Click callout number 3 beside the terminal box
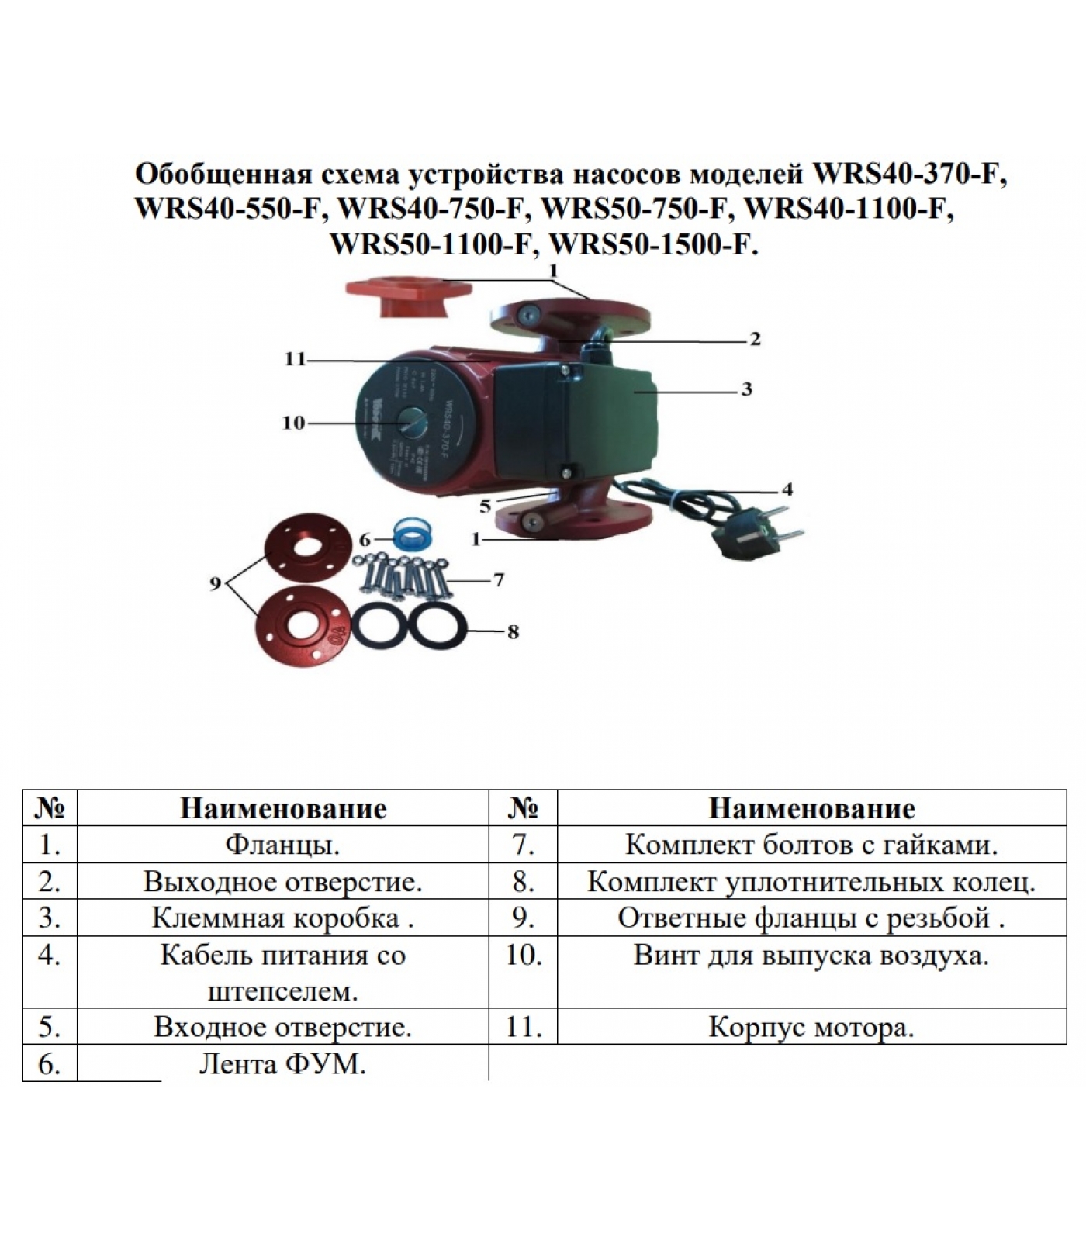point(746,389)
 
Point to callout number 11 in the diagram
point(296,359)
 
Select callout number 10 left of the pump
point(294,423)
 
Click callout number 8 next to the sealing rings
point(512,632)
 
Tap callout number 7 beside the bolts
point(498,579)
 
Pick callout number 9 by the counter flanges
point(216,584)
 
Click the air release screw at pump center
point(410,423)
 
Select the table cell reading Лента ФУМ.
point(282,1064)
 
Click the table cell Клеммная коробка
point(282,918)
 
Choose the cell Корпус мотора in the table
point(811,1028)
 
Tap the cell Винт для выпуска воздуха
point(811,955)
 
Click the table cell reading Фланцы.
point(282,845)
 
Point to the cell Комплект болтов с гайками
point(811,845)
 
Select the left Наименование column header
point(282,809)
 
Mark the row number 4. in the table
point(50,955)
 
